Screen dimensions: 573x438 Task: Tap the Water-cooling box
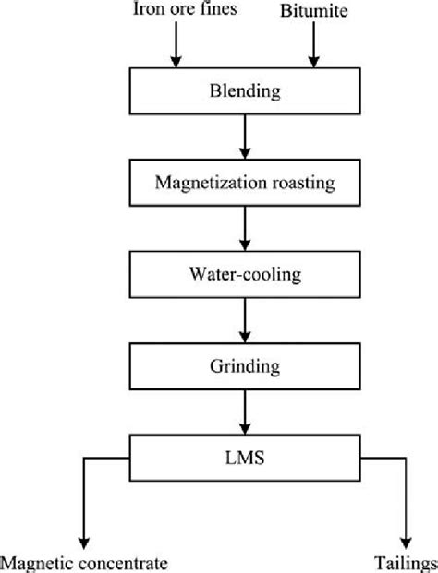click(x=244, y=273)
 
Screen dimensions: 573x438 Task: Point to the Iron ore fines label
click(x=172, y=12)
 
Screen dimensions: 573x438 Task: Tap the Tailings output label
click(x=404, y=563)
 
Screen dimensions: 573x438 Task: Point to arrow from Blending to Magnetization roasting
click(x=244, y=137)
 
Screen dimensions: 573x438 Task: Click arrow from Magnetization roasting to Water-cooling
click(x=244, y=228)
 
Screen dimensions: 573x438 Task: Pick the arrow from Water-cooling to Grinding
click(x=244, y=318)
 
